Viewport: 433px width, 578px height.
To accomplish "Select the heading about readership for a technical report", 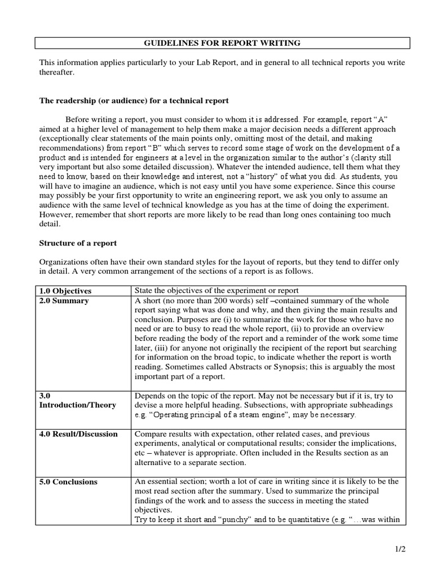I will [x=134, y=100].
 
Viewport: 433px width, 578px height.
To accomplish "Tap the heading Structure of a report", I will [x=77, y=243].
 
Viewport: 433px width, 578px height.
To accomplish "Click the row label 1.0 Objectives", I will [x=65, y=291].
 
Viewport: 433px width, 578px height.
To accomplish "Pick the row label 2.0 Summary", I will [x=64, y=301].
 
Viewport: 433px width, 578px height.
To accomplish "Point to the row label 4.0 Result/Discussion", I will [x=78, y=434].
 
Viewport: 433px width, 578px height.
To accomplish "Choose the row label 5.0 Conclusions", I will [x=68, y=481].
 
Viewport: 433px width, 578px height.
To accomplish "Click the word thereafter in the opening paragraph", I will [x=56, y=72].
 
